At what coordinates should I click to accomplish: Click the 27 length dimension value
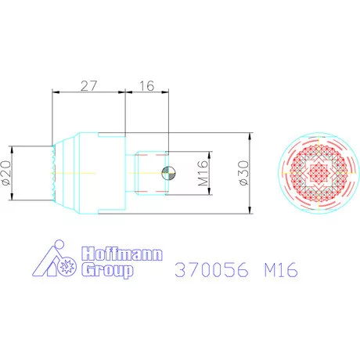click(88, 86)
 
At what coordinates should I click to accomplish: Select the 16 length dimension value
click(147, 86)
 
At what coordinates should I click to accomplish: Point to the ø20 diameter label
click(6, 173)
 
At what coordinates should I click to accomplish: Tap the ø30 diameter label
click(244, 173)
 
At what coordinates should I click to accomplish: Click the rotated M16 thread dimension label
click(203, 173)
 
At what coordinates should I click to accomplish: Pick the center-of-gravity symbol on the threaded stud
click(169, 173)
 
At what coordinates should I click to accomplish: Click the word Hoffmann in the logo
click(122, 254)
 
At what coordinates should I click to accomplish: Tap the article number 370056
click(211, 269)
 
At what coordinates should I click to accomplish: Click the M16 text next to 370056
click(281, 269)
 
